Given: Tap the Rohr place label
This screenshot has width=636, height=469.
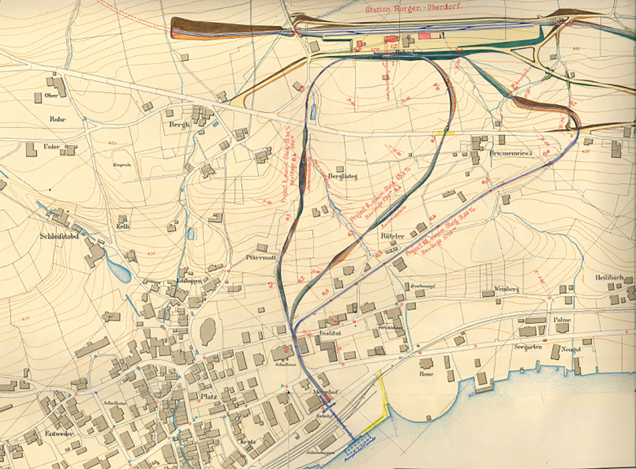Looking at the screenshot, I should tap(58, 119).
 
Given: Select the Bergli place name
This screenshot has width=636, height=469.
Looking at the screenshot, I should tap(179, 124).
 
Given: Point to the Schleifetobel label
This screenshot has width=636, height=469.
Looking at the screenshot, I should tap(59, 236).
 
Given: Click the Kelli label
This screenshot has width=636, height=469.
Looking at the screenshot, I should tap(123, 226).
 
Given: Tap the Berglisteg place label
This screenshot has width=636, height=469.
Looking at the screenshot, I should tap(342, 176).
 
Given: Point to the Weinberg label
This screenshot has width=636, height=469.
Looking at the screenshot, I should tap(506, 289).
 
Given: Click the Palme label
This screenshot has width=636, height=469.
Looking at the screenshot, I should tap(562, 320).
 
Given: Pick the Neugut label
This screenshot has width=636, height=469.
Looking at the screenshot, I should tap(571, 350).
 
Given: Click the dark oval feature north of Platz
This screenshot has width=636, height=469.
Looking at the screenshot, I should tap(208, 331).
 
